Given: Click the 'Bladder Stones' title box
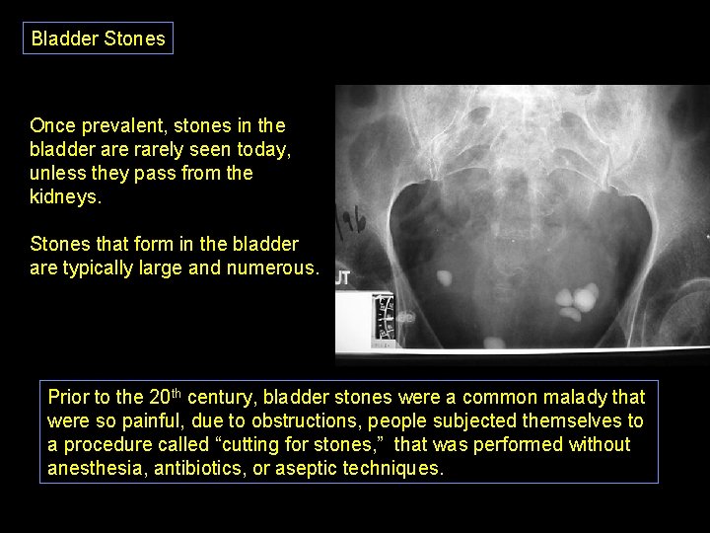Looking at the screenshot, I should (99, 38).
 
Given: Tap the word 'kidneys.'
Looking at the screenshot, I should (64, 195).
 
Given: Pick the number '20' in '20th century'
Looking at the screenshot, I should (159, 398).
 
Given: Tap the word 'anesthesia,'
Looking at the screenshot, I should (97, 468).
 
